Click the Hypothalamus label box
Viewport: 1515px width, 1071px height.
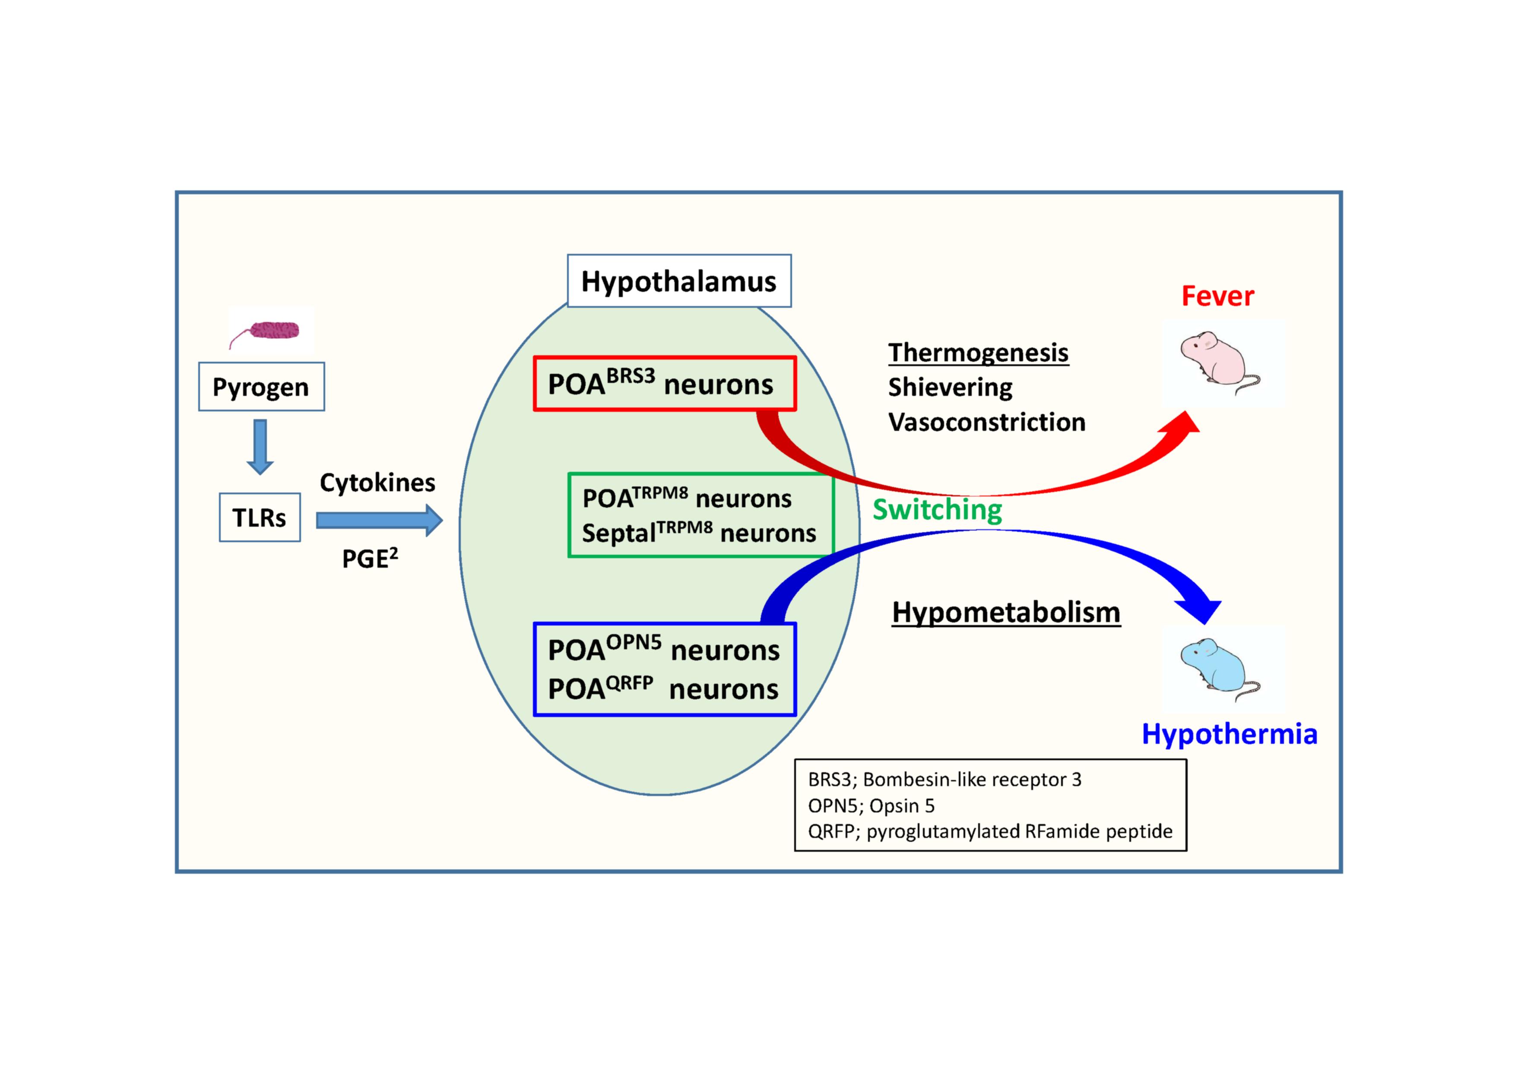[679, 281]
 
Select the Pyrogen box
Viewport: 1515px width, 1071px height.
[261, 387]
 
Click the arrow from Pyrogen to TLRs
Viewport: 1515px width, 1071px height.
[260, 446]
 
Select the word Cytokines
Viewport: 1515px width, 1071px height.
[377, 483]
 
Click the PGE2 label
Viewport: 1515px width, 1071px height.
[370, 559]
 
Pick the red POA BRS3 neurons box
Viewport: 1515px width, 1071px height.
[665, 384]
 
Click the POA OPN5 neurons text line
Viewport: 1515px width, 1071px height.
[664, 650]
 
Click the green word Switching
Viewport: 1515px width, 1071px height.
[937, 510]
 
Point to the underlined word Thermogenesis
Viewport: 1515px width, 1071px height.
[978, 353]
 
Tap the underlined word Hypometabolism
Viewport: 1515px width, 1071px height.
[1005, 612]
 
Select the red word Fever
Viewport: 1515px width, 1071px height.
[1217, 296]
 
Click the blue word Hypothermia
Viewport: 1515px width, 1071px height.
[1229, 734]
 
